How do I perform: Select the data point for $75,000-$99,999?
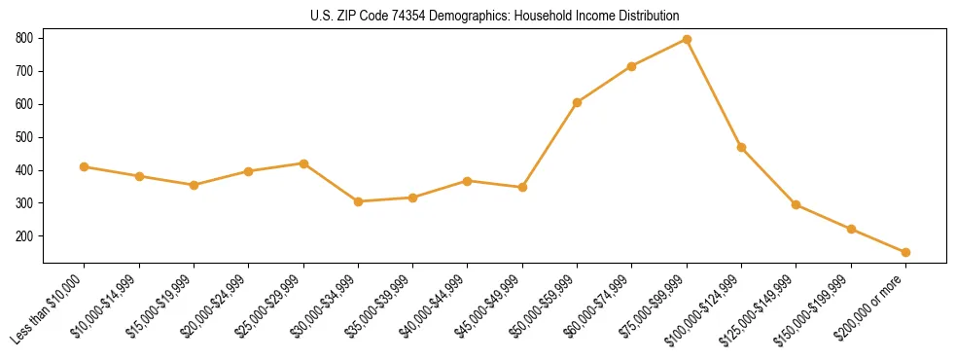[x=687, y=39]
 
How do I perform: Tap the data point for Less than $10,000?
[x=85, y=166]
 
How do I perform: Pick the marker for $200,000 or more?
[x=905, y=252]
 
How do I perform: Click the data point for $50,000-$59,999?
[x=577, y=102]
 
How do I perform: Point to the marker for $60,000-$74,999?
[x=632, y=66]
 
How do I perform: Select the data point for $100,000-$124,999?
[x=741, y=147]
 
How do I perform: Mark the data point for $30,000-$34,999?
[x=358, y=201]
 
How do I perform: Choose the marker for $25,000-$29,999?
[x=303, y=163]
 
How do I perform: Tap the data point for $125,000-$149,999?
[x=796, y=204]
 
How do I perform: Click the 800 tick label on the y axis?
[x=24, y=38]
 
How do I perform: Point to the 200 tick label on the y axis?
[x=24, y=236]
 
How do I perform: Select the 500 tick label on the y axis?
[x=24, y=137]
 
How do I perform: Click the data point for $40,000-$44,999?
[x=468, y=181]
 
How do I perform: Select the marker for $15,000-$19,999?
[x=194, y=185]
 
